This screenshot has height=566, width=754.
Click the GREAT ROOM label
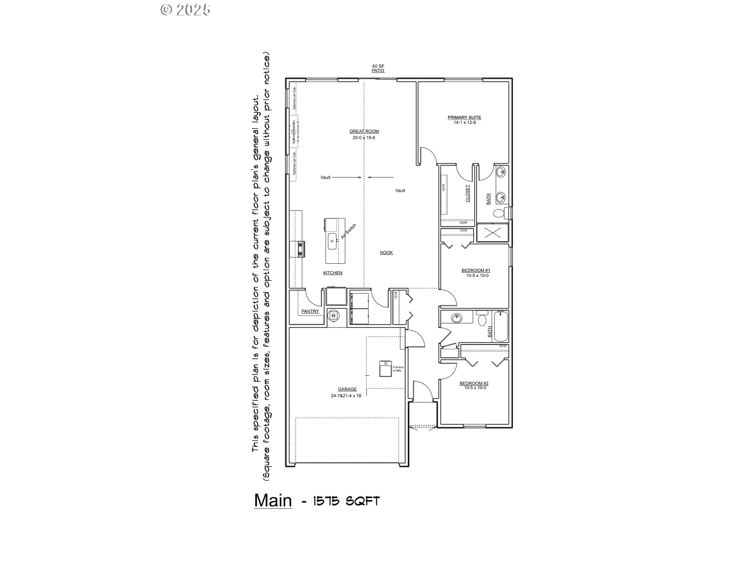tap(364, 131)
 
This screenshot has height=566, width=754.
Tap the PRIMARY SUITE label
tap(464, 118)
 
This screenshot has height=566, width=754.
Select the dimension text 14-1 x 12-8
tap(464, 123)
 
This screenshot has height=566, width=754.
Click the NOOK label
tap(386, 253)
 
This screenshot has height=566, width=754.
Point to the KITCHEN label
tap(333, 273)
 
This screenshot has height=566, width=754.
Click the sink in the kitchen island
tap(332, 241)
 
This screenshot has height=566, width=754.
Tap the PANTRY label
tap(310, 311)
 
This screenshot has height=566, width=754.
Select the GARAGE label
tap(347, 389)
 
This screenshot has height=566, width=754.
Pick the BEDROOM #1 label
tap(476, 270)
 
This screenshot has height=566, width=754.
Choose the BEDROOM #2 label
tap(474, 383)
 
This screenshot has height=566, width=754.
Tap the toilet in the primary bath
tap(499, 214)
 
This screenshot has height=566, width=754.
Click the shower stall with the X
tap(492, 233)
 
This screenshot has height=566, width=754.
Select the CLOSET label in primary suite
tap(467, 193)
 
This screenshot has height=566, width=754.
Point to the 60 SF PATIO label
tap(378, 68)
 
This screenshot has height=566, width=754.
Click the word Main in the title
tap(273, 500)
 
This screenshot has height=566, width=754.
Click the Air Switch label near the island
tap(348, 232)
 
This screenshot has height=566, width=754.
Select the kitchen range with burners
tap(301, 249)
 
